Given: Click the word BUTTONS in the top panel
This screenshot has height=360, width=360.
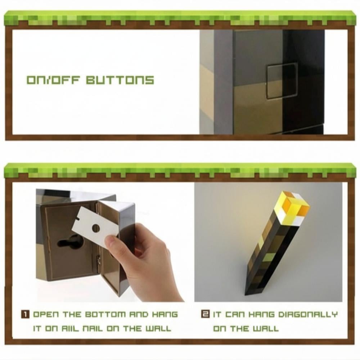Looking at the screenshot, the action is [x=120, y=80].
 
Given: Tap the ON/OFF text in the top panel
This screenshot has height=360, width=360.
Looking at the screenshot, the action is [x=54, y=80].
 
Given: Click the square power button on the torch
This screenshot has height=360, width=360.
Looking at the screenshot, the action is [x=282, y=81].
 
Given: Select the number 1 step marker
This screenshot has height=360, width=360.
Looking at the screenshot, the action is [x=25, y=314].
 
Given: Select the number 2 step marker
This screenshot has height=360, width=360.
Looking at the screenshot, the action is [x=205, y=314].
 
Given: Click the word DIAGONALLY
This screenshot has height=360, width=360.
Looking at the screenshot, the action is [x=308, y=314].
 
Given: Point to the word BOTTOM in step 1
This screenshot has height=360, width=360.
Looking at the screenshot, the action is [x=105, y=314].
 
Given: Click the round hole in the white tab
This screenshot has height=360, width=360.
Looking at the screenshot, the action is [x=96, y=228].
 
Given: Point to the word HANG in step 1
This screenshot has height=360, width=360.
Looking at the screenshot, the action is [x=165, y=314].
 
